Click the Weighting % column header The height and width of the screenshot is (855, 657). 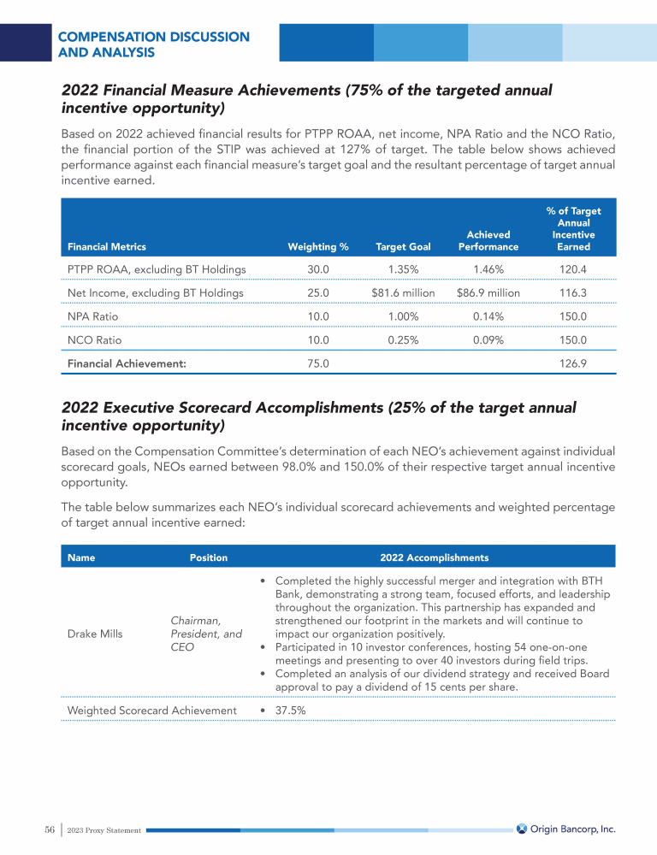point(318,247)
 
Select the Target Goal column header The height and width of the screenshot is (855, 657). point(403,247)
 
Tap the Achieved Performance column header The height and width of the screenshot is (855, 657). point(488,240)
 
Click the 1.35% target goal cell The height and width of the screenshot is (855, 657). point(403,269)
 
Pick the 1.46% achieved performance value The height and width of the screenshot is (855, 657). point(488,269)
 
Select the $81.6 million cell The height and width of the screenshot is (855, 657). point(403,293)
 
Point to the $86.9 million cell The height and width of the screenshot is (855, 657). point(488,293)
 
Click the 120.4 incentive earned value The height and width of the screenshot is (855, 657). point(573,269)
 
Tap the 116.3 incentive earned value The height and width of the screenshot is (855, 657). point(573,293)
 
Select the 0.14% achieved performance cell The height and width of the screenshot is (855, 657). point(488,316)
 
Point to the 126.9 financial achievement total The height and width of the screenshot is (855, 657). point(573,363)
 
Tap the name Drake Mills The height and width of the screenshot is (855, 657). point(96,634)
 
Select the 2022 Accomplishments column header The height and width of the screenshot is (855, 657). point(434,557)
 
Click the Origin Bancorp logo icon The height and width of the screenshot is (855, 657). point(522,828)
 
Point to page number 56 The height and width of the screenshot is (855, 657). point(50,829)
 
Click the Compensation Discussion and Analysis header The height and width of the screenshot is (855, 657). point(154,44)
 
